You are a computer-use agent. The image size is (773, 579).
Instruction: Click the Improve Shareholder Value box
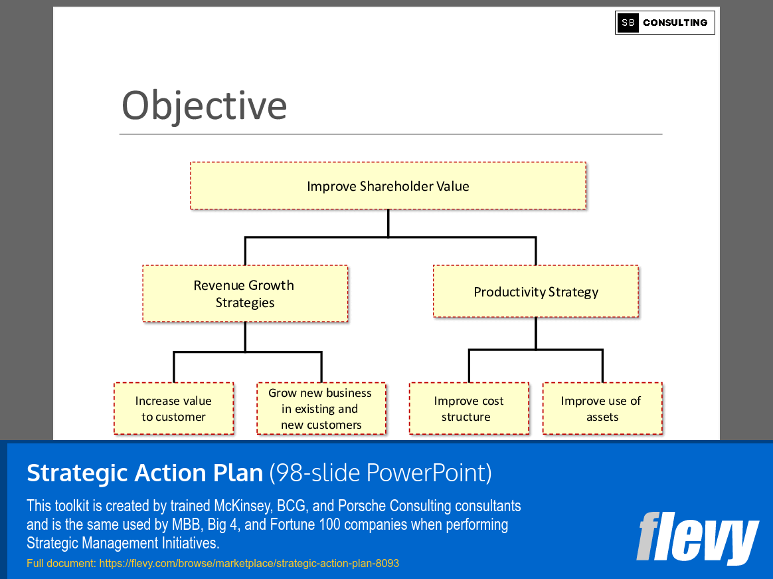[388, 186]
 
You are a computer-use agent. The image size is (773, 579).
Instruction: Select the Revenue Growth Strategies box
[244, 294]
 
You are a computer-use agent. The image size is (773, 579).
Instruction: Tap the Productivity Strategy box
[535, 292]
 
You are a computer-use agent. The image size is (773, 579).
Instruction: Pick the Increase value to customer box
[173, 409]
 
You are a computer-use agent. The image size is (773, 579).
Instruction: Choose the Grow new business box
[321, 409]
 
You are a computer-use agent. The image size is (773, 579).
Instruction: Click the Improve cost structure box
[468, 409]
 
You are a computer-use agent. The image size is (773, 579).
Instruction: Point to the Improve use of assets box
[602, 409]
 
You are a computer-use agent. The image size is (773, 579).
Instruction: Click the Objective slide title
[204, 105]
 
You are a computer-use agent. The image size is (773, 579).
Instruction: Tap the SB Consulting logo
[664, 23]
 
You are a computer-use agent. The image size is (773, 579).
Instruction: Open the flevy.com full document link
[248, 563]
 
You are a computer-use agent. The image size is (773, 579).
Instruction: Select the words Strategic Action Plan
[145, 473]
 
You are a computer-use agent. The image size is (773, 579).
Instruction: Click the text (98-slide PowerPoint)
[381, 473]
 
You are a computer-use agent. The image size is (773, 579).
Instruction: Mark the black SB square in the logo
[628, 23]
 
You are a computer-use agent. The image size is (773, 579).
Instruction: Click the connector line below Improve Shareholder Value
[388, 223]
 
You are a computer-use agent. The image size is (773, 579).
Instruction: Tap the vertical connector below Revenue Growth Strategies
[245, 336]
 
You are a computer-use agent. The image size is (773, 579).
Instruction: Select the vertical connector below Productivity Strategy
[536, 332]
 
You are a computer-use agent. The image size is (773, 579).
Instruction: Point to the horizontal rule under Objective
[390, 134]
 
